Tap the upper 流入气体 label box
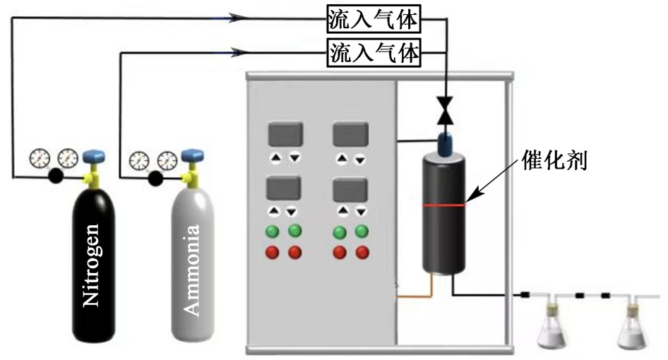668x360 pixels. click(x=374, y=20)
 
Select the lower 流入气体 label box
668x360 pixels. click(x=374, y=52)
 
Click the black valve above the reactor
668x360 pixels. click(x=445, y=109)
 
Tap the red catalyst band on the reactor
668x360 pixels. click(x=443, y=205)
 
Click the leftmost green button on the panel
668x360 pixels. click(x=272, y=231)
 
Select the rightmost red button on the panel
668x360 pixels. click(x=363, y=252)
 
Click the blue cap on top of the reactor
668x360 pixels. click(x=444, y=143)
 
